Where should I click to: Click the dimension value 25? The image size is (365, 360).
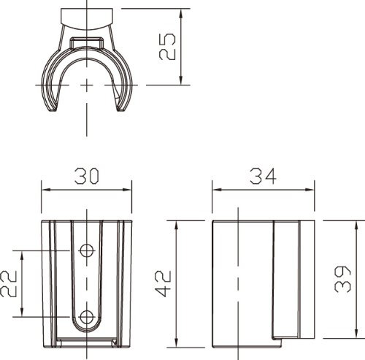(x=167, y=46)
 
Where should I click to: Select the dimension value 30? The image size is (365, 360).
(x=87, y=176)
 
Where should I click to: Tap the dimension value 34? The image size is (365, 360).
(x=263, y=176)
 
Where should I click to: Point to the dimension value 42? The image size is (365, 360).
(x=164, y=283)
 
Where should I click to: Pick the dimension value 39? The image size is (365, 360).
(x=342, y=279)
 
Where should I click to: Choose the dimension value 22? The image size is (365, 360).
(x=9, y=283)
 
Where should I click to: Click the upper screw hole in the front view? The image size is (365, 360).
(x=87, y=250)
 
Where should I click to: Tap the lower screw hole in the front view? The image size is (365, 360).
(x=87, y=317)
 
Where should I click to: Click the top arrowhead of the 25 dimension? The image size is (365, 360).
(x=180, y=14)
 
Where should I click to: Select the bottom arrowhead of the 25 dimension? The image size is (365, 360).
(x=180, y=80)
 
